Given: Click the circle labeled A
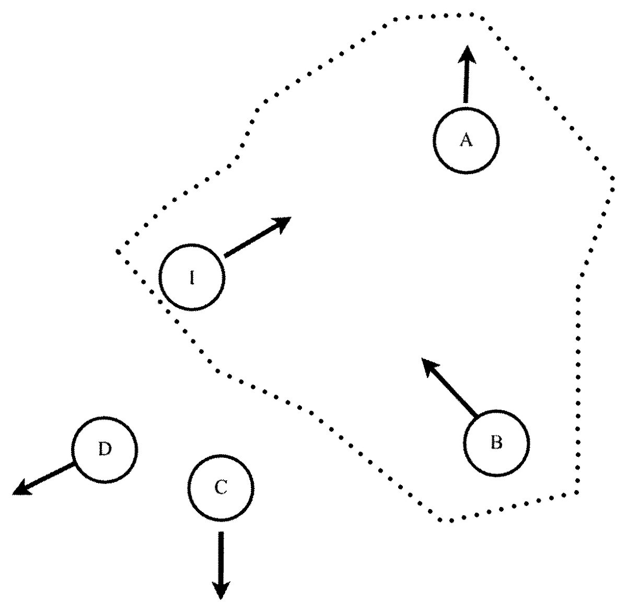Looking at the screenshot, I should [466, 140].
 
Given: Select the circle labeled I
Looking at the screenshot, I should [192, 277].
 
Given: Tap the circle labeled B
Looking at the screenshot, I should [497, 443].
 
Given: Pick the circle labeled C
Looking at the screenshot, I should [221, 488].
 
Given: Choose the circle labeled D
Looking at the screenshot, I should [105, 449].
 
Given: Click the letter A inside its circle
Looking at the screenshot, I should [466, 140].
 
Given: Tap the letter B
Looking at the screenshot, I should [497, 443].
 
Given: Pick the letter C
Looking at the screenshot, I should [221, 488].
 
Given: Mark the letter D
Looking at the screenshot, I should [105, 449].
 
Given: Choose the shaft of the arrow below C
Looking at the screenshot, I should [221, 554].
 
